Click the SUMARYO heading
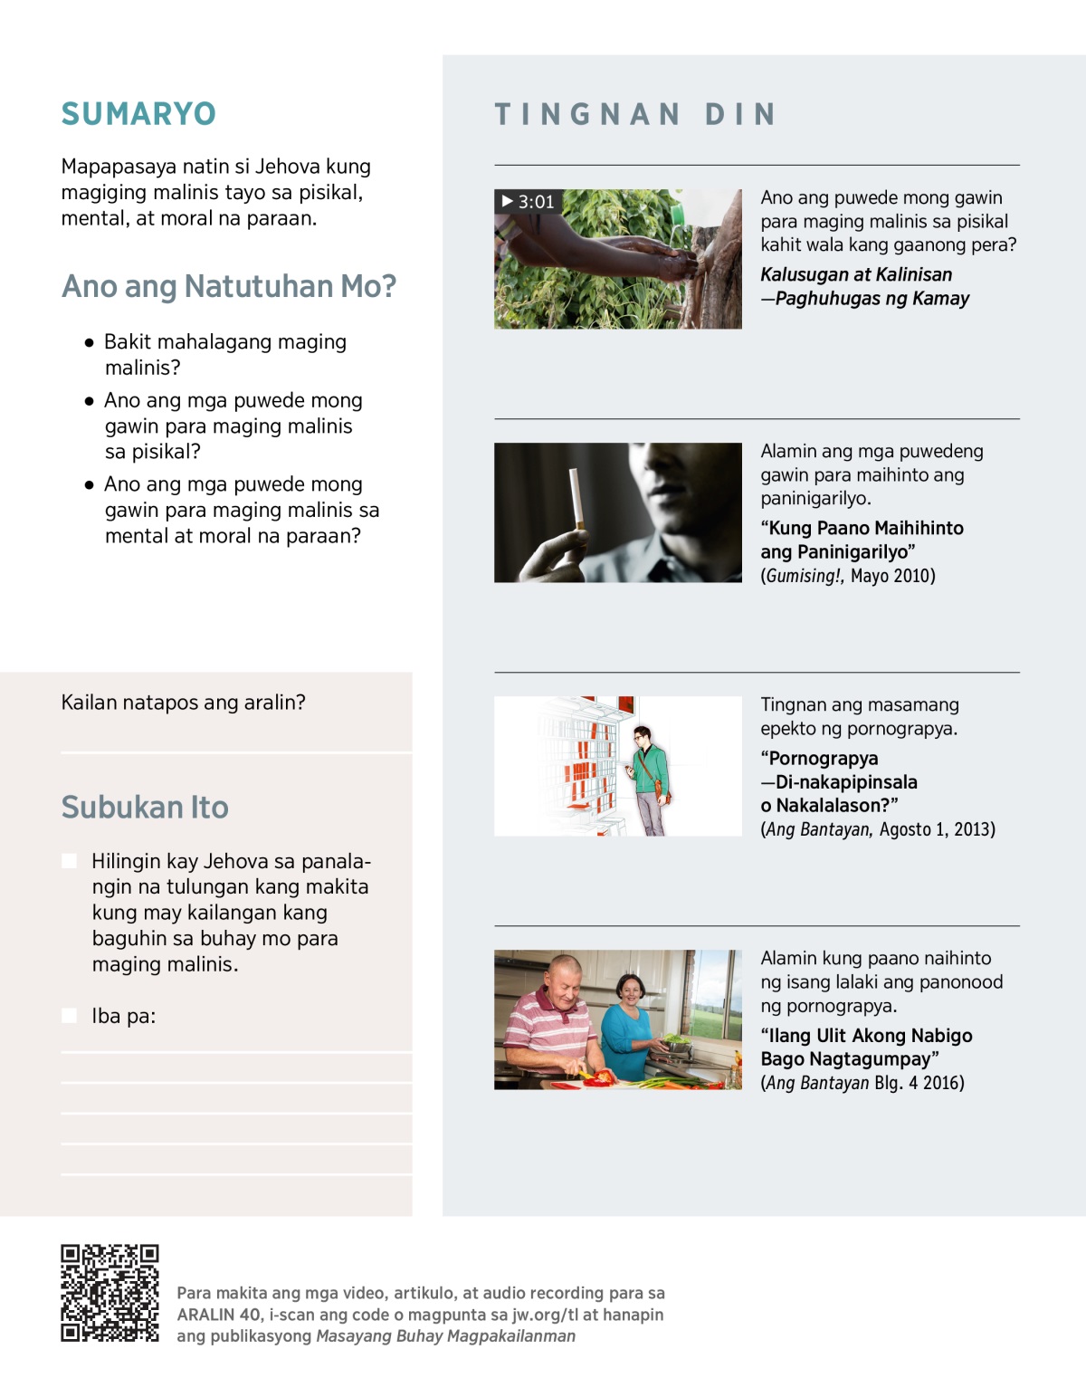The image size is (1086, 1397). pos(138,114)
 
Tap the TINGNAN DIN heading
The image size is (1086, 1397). pos(635,114)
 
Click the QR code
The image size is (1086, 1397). pos(110,1293)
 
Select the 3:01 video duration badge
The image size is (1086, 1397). pos(528,201)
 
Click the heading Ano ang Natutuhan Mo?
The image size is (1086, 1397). pos(229,286)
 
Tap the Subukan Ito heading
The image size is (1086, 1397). pos(145,807)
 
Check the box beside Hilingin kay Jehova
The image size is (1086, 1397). pos(69,861)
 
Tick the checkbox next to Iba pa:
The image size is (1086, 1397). pos(69,1016)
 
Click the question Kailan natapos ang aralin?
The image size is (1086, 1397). pos(183,703)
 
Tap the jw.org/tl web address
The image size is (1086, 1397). pos(545,1315)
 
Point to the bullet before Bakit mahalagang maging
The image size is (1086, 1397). pos(89,343)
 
